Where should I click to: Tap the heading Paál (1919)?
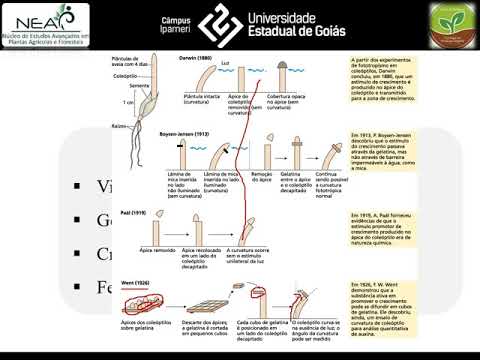coord(182,212)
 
